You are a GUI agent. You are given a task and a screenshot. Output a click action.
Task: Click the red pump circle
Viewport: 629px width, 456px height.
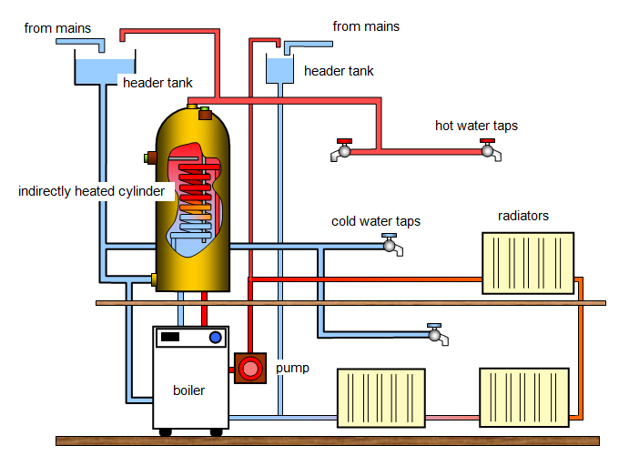click(249, 368)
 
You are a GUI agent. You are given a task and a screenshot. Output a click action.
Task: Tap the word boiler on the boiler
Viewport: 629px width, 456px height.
click(188, 390)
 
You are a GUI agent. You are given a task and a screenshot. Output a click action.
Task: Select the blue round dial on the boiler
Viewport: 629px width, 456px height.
click(216, 338)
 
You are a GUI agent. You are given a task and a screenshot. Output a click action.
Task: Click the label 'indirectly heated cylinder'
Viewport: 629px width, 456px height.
click(91, 192)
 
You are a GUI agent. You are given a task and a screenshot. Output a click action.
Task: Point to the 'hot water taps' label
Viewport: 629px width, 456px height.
click(476, 126)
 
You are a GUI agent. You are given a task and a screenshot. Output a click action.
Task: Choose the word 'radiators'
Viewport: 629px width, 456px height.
click(523, 216)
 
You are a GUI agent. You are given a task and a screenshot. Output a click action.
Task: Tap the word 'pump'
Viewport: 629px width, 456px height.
click(292, 369)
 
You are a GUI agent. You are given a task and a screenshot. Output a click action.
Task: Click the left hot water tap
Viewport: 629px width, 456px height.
click(342, 150)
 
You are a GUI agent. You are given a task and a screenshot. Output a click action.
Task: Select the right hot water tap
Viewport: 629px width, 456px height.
click(490, 150)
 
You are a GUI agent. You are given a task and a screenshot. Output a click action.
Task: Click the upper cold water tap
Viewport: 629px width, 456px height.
click(391, 244)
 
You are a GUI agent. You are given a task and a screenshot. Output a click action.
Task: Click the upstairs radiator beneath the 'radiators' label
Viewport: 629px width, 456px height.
click(528, 263)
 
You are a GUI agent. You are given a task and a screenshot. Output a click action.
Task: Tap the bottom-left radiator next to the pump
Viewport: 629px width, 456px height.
click(380, 396)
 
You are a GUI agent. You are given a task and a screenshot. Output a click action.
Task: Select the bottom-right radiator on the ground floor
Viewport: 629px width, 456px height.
click(524, 396)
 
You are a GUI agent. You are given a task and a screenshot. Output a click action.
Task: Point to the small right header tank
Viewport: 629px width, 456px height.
click(279, 69)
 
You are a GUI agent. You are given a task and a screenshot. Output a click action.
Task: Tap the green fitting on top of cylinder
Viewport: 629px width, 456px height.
click(205, 114)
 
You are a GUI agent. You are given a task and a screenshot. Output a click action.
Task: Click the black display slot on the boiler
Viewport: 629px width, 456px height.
click(171, 338)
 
